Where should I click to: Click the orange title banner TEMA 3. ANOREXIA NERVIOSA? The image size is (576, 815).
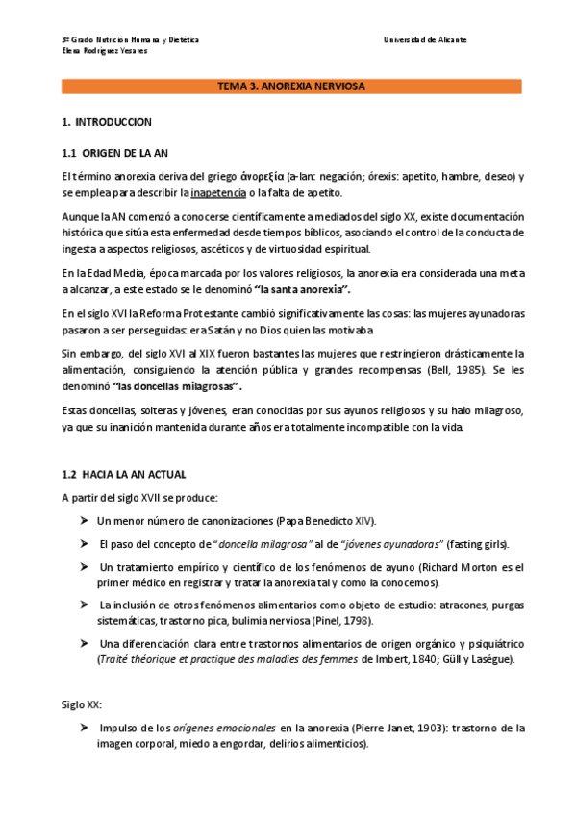click(291, 86)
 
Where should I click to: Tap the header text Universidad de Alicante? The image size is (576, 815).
click(425, 39)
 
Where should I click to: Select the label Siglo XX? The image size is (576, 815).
click(81, 704)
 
